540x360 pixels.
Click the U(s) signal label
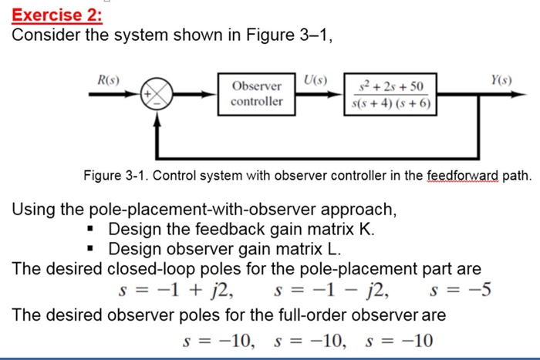(316, 79)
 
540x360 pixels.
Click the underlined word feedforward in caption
(464, 177)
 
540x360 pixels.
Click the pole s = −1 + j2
(177, 291)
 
